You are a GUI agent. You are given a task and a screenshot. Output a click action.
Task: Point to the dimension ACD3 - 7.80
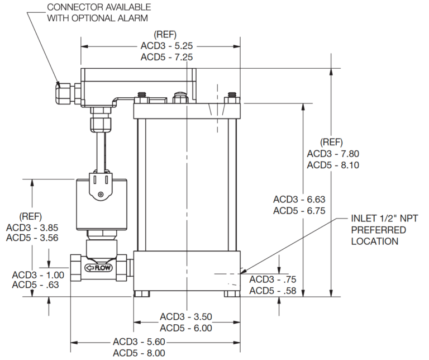point(333,154)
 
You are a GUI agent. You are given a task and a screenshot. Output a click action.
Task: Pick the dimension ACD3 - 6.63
point(299,200)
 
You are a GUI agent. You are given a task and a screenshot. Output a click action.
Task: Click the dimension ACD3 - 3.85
point(32,228)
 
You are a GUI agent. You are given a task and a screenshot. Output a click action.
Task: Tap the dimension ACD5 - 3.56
point(32,238)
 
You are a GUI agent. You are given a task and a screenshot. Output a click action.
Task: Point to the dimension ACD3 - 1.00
point(38,274)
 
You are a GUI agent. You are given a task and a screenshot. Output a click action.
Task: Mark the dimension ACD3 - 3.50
point(186,317)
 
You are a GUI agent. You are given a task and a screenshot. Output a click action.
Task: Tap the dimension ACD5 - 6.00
point(186,328)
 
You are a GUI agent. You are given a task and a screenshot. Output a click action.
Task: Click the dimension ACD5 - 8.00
point(139,352)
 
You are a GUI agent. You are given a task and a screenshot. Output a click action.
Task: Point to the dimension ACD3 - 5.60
point(139,342)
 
